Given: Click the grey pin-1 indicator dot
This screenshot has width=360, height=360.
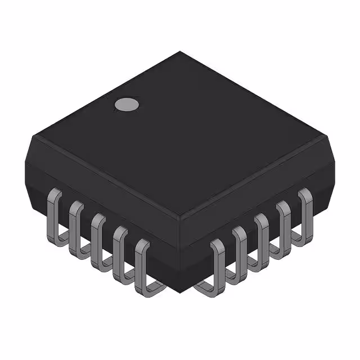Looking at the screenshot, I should [x=127, y=104].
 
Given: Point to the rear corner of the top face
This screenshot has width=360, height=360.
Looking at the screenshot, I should [x=180, y=52].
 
